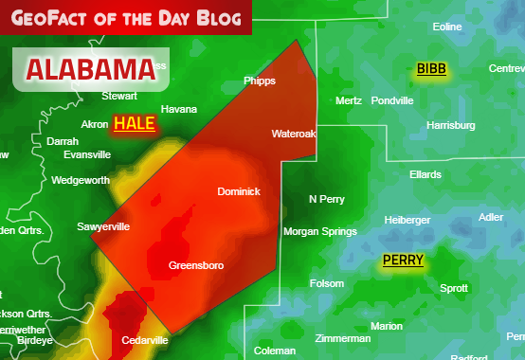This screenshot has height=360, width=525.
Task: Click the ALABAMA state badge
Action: [90, 69]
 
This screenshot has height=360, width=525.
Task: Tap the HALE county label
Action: [134, 123]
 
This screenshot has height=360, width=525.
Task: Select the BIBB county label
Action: [431, 69]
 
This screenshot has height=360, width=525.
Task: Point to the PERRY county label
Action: [403, 260]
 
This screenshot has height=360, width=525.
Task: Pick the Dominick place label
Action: [239, 191]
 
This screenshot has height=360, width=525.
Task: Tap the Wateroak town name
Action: [293, 134]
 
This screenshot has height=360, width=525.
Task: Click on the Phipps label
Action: [260, 81]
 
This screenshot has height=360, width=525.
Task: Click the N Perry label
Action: [327, 199]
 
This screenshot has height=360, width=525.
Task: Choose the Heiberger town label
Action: [407, 220]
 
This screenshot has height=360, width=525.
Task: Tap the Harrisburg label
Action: [451, 125]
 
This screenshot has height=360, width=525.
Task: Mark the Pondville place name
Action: [392, 100]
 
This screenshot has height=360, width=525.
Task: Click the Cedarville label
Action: [145, 340]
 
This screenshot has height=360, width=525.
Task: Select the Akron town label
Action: [95, 124]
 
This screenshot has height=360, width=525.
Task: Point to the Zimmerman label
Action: [342, 338]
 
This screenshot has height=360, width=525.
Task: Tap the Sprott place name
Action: [454, 288]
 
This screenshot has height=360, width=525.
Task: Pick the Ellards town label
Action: [425, 175]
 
